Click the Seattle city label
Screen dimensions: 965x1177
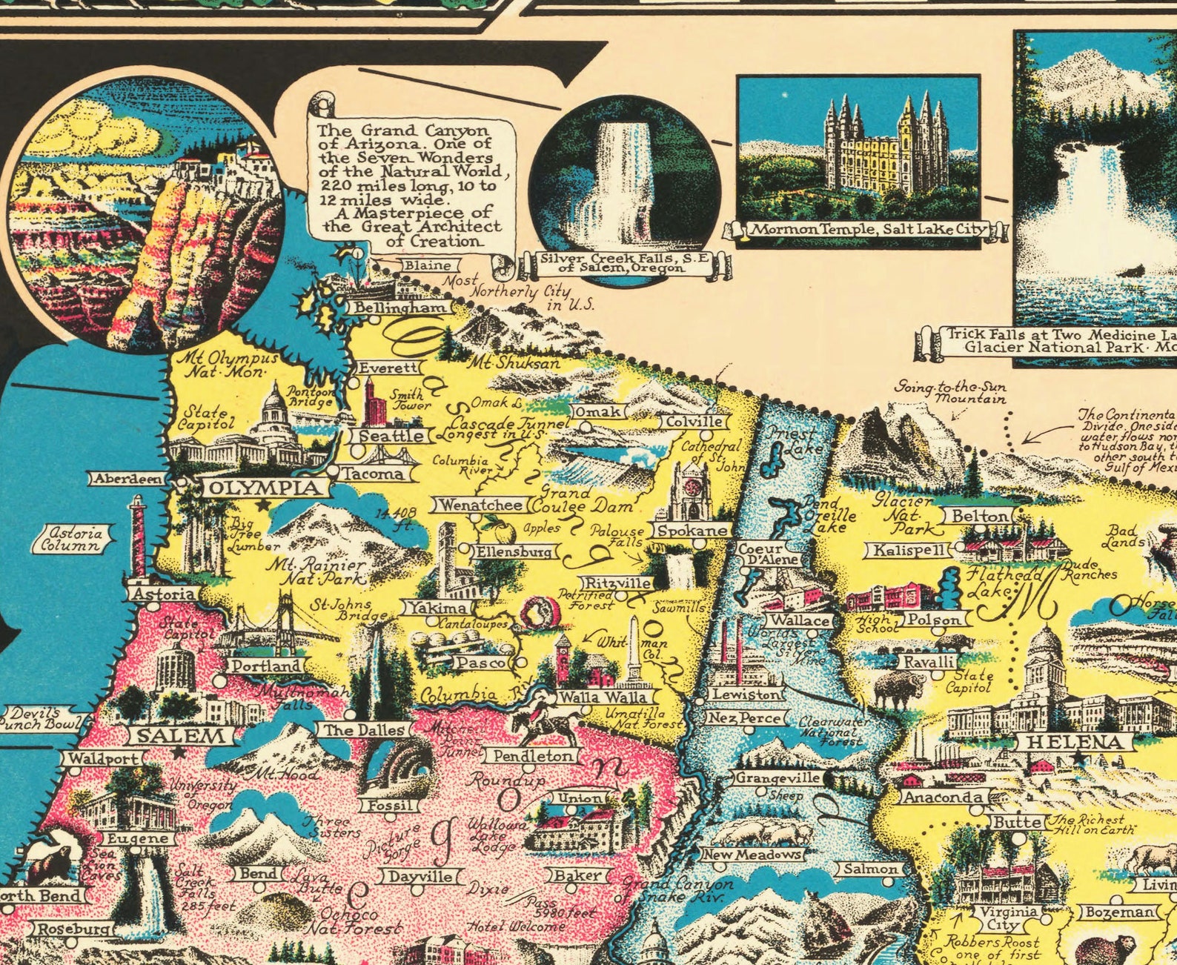tap(391, 436)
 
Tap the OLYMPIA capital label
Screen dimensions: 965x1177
tap(264, 488)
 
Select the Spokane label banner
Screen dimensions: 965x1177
tap(692, 531)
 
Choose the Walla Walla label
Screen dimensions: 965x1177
tap(603, 697)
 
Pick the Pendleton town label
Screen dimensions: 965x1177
tap(534, 756)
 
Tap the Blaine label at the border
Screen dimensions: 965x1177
tap(429, 265)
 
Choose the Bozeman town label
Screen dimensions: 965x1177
tap(1120, 912)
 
